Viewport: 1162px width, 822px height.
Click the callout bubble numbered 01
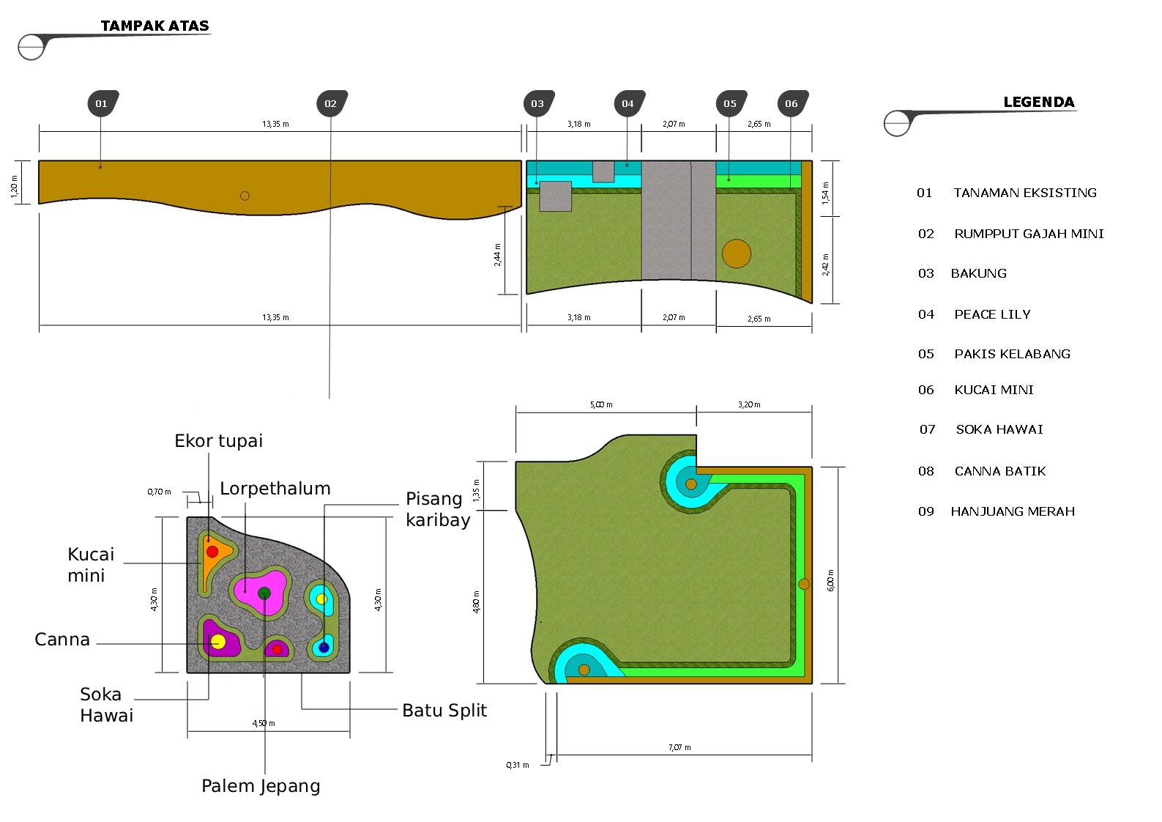[x=103, y=103]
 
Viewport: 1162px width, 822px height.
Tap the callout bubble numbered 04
[x=629, y=103]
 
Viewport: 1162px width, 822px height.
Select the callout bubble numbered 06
[x=792, y=103]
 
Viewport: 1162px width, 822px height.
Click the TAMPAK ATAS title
[x=154, y=26]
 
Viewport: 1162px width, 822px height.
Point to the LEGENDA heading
[x=1038, y=103]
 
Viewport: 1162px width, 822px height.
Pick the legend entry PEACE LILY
[x=992, y=314]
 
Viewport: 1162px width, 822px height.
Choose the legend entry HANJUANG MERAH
[x=1013, y=511]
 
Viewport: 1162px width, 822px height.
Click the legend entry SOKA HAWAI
[x=999, y=429]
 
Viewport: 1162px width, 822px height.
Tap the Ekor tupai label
[x=218, y=441]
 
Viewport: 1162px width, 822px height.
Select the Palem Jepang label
[x=261, y=786]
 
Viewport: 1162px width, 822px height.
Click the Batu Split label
[x=444, y=711]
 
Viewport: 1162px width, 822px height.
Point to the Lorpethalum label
[x=275, y=489]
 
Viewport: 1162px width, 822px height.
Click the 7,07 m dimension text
[x=679, y=748]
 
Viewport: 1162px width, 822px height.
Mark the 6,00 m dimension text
[x=830, y=580]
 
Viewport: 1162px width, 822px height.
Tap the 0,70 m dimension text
[x=159, y=492]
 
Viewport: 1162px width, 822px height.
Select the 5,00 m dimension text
[x=601, y=404]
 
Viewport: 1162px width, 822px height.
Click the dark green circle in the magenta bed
[x=264, y=593]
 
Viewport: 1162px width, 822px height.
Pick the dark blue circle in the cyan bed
[x=324, y=647]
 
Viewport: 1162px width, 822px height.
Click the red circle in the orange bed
[x=212, y=552]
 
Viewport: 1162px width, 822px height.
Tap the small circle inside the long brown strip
[x=245, y=196]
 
